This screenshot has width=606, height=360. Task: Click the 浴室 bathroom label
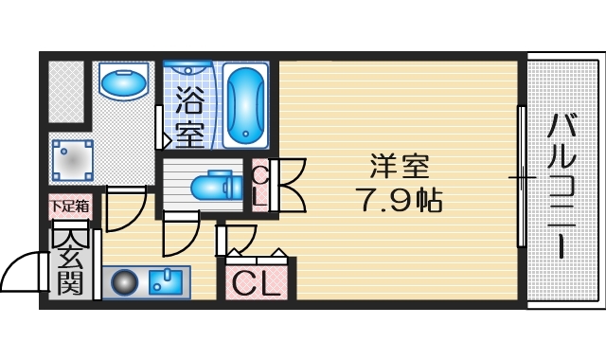[189, 117]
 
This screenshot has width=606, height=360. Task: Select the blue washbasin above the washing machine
[122, 82]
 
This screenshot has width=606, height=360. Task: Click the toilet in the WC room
[211, 185]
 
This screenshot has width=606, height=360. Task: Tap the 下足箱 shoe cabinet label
[70, 205]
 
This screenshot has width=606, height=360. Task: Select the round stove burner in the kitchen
[124, 282]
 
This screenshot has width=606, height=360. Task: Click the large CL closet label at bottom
[258, 282]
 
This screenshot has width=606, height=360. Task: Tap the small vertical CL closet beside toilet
[259, 185]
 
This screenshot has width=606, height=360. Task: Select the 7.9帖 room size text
[399, 200]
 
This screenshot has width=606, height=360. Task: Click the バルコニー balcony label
[565, 186]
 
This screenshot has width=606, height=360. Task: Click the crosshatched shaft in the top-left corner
[66, 91]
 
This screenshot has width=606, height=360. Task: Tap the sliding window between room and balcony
[521, 177]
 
